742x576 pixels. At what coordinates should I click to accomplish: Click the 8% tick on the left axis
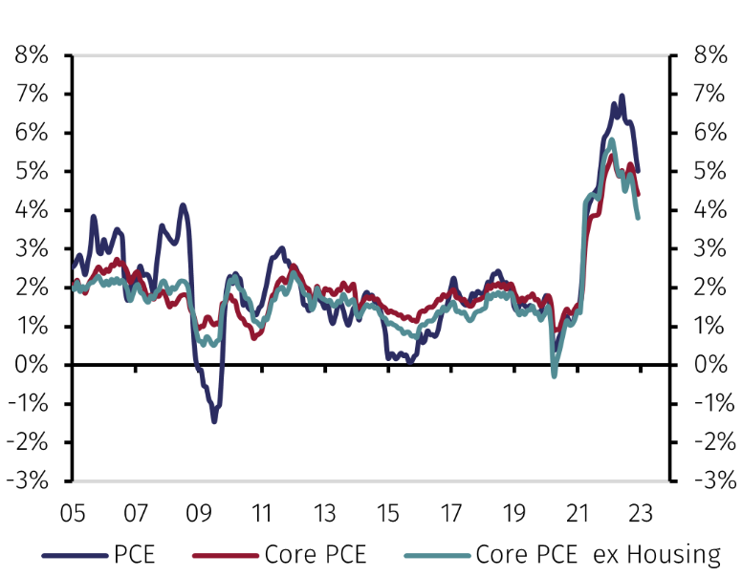(x=32, y=55)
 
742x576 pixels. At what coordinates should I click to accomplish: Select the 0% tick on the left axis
(x=32, y=365)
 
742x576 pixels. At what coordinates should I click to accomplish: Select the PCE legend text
(x=134, y=555)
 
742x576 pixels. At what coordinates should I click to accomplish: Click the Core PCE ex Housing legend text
(x=598, y=555)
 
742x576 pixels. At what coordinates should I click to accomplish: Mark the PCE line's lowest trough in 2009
(x=214, y=420)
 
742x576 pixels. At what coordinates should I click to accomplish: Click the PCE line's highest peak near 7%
(x=622, y=96)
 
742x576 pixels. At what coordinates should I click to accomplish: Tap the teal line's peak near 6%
(x=611, y=140)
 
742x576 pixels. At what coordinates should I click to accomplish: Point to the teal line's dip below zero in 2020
(x=554, y=375)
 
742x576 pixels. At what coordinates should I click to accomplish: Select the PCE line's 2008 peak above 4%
(x=183, y=204)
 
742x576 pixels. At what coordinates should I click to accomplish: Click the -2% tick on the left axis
(x=32, y=442)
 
